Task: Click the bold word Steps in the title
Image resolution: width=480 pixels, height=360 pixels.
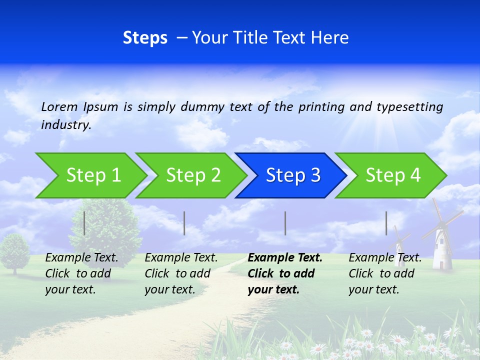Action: (x=145, y=38)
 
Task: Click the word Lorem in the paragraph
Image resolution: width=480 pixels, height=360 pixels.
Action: (x=59, y=106)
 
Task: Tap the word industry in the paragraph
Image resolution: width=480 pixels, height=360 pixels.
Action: (x=65, y=125)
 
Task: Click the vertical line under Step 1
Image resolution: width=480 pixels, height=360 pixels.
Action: (x=84, y=223)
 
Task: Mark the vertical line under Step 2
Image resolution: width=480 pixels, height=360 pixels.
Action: (x=184, y=223)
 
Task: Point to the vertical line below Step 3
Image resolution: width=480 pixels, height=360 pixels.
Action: (x=285, y=223)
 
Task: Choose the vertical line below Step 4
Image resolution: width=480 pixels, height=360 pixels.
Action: (x=386, y=223)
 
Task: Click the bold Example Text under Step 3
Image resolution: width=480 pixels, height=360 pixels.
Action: (x=285, y=258)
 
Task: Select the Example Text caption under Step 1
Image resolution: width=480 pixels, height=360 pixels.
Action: (x=81, y=258)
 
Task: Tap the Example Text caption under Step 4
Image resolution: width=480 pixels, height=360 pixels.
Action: (x=385, y=258)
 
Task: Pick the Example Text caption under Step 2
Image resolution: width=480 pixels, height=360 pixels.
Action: (x=181, y=258)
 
